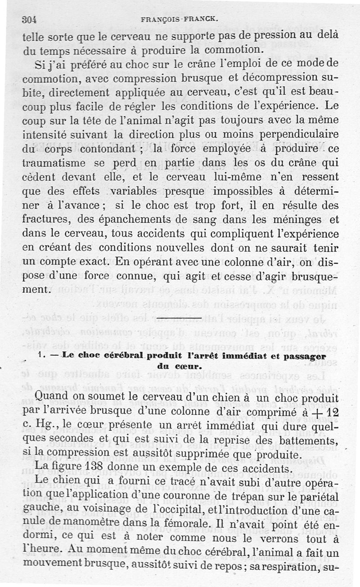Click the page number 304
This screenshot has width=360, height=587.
point(28,19)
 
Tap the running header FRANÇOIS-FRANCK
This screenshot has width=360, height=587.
point(180,19)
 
